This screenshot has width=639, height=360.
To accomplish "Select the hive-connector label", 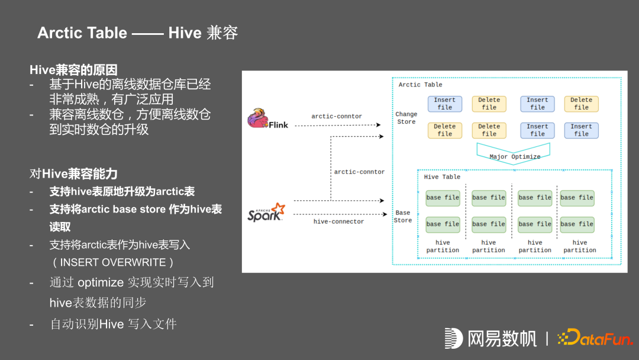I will [x=338, y=221].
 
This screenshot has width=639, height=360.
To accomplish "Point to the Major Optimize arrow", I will [x=514, y=153].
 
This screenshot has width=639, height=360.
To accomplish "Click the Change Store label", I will [x=406, y=118].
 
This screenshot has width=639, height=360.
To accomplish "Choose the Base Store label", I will [x=403, y=216].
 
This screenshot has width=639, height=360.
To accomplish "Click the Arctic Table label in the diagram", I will [x=420, y=85].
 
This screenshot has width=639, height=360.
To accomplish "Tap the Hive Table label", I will [x=442, y=177].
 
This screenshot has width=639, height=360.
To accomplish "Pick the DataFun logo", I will [x=595, y=338].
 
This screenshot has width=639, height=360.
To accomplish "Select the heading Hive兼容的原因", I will [x=73, y=69].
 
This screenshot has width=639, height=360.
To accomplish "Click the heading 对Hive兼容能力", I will [x=73, y=173].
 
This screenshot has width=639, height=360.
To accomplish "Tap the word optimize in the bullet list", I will [x=101, y=282].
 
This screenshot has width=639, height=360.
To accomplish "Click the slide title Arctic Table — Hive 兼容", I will [x=137, y=33].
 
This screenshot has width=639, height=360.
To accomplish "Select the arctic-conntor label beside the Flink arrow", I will [x=337, y=116].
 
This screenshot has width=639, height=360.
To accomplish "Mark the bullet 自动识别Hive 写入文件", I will [x=113, y=324].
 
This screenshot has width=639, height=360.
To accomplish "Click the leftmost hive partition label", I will [x=443, y=246].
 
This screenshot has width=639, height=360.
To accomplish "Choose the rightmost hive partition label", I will [x=580, y=246].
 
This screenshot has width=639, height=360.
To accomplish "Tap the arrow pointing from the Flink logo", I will [x=337, y=126].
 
